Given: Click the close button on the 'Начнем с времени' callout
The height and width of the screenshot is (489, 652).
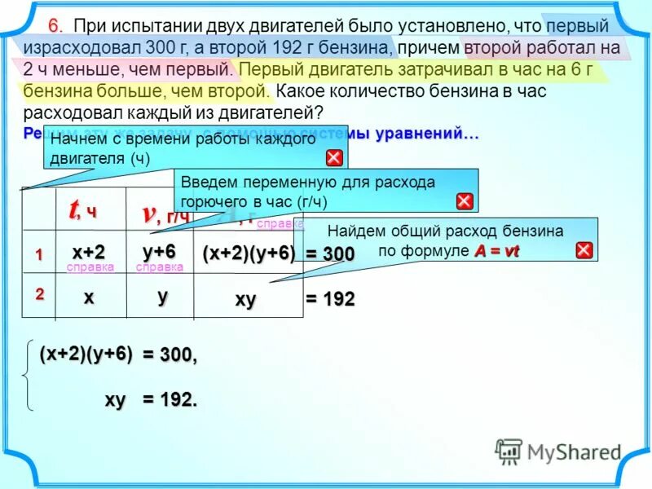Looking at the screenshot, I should [x=334, y=158].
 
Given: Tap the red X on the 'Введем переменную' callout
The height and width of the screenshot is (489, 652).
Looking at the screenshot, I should [x=464, y=201].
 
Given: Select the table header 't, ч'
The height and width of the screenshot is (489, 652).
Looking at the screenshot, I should [x=81, y=210].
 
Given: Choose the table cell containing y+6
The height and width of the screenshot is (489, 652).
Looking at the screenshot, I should [x=159, y=251].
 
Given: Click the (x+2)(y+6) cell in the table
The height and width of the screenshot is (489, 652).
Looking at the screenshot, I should [x=248, y=253].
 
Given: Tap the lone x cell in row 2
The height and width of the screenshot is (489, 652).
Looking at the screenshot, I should [x=87, y=298].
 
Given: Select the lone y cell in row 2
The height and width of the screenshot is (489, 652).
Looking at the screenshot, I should [x=161, y=298].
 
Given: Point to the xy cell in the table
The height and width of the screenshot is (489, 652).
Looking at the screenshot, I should [x=245, y=300].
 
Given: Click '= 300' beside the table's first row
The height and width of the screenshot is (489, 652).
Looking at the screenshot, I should [x=330, y=254].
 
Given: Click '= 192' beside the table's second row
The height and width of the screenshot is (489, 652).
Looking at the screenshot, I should [x=330, y=300].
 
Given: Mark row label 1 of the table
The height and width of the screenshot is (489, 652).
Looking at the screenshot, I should [x=37, y=253].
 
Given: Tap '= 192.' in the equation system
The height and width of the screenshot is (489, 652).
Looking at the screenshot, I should [x=170, y=400].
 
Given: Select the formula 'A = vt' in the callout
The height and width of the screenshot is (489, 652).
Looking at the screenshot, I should [x=496, y=251].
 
